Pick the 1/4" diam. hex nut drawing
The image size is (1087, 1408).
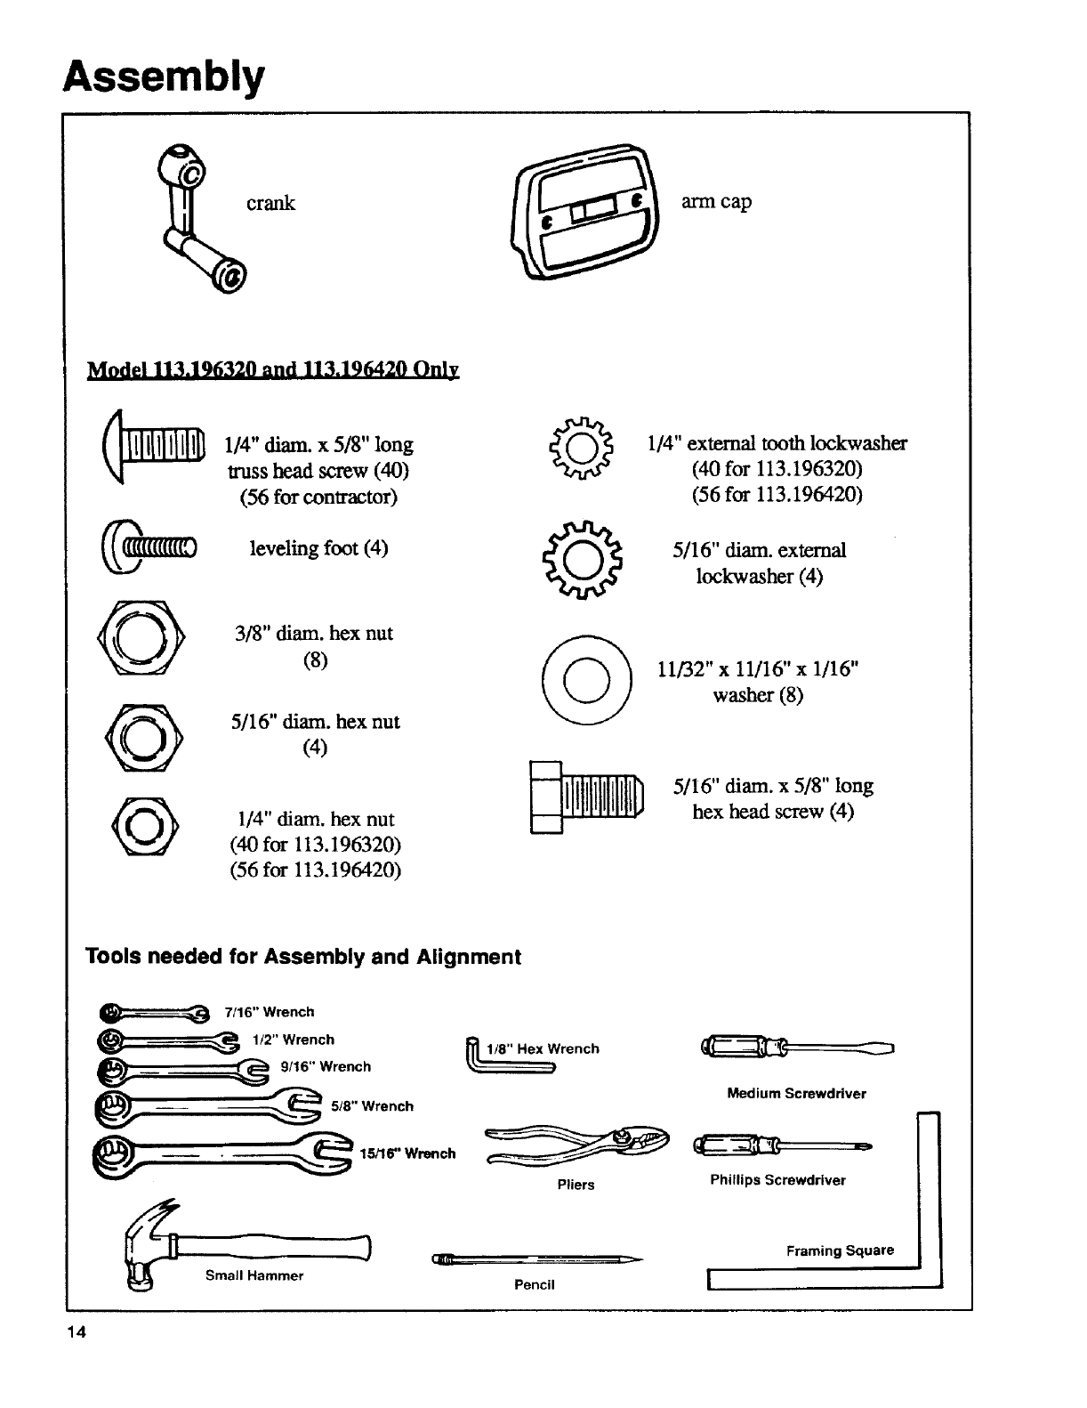click(x=144, y=826)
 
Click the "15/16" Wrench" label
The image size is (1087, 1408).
click(x=407, y=1153)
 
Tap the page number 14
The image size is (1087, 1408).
click(x=75, y=1332)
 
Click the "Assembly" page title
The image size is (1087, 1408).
click(x=164, y=77)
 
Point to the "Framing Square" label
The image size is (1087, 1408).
click(x=839, y=1250)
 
